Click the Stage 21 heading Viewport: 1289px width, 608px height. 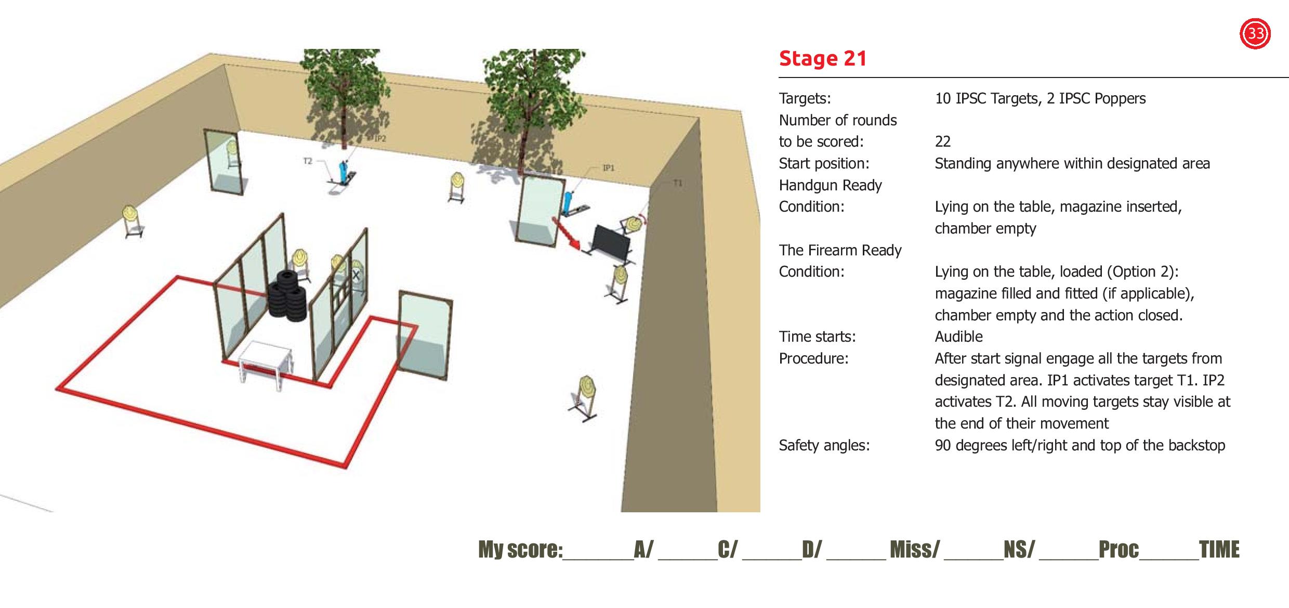click(x=823, y=58)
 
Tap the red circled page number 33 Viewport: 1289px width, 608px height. click(x=1256, y=34)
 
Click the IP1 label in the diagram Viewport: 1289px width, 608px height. click(x=608, y=168)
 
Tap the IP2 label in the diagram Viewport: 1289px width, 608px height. click(x=380, y=139)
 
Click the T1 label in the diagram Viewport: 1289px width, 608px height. click(x=677, y=183)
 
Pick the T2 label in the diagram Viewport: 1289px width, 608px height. click(x=308, y=161)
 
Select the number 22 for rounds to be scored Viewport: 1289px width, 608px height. click(x=942, y=141)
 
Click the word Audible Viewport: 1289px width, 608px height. click(x=958, y=337)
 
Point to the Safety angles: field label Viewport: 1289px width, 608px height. click(x=824, y=445)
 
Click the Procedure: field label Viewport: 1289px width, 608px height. click(x=813, y=358)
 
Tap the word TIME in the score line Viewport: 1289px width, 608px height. click(x=1219, y=549)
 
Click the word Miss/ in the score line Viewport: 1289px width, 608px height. click(x=915, y=549)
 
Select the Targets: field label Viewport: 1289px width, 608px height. click(x=805, y=98)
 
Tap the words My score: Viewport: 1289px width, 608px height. click(x=520, y=549)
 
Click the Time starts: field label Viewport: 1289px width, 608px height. click(x=817, y=337)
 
